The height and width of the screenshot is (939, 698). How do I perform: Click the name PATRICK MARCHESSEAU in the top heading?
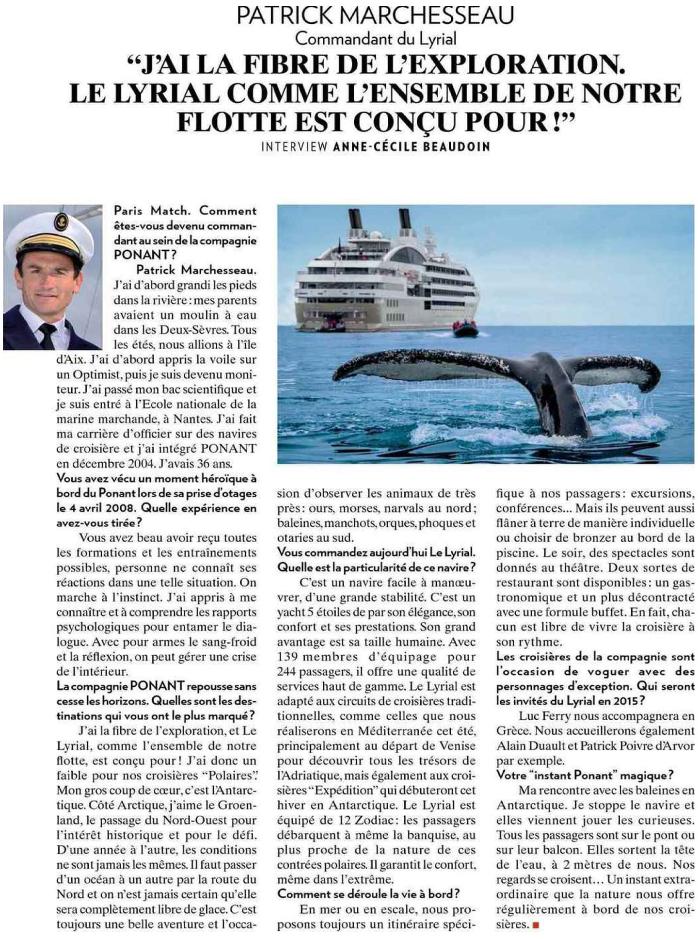click(x=375, y=15)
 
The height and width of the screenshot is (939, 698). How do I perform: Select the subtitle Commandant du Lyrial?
click(x=376, y=39)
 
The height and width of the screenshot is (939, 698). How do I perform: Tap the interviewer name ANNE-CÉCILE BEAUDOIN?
click(x=412, y=147)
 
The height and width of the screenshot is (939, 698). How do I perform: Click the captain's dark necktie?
click(x=48, y=334)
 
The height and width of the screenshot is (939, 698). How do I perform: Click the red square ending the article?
click(x=535, y=925)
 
